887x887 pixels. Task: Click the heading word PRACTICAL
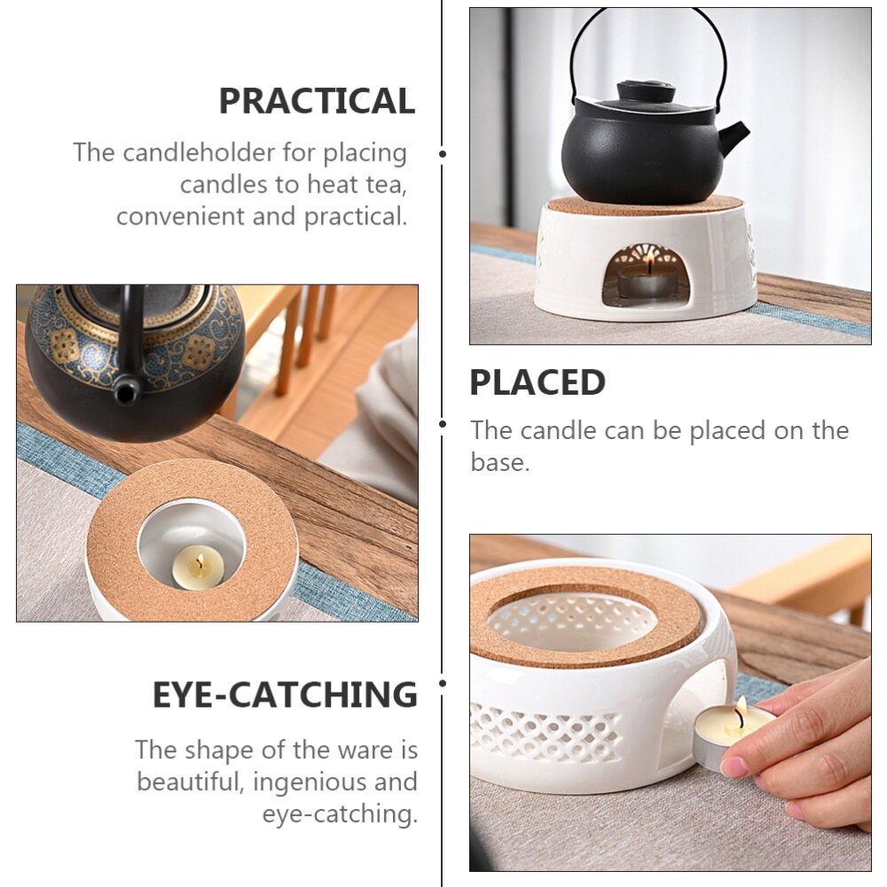point(317,101)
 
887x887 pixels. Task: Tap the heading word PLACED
point(538,382)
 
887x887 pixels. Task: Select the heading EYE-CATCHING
point(285,695)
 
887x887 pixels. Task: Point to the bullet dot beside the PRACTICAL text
point(443,153)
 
